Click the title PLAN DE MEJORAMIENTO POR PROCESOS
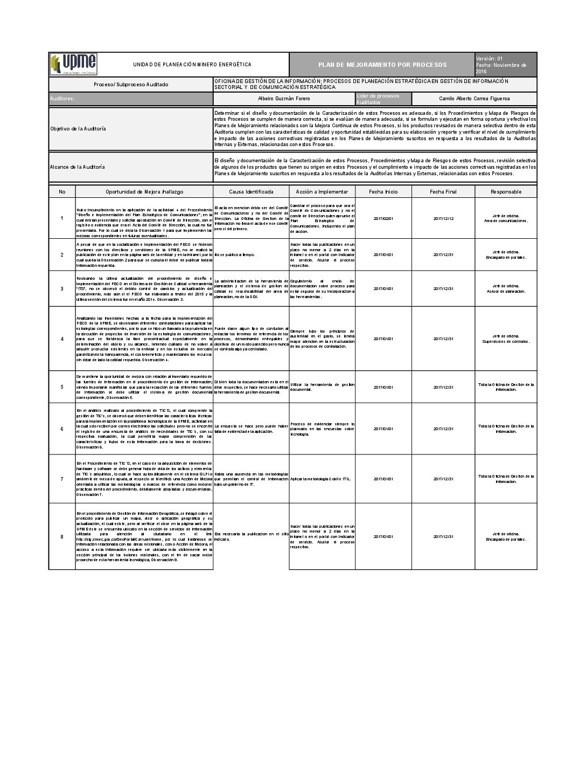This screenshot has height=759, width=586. coord(382,65)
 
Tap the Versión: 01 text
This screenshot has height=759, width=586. coord(489,58)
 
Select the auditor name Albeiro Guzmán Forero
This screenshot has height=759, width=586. coord(284,99)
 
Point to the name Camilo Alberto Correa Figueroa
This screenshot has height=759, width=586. coord(474,99)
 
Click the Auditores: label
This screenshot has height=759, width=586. coord(62,99)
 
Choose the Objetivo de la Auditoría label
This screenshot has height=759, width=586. coord(78,129)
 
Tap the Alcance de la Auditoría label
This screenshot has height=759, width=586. coord(78,167)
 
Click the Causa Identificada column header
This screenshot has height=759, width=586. coord(251,191)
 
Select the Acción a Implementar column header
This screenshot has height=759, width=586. coord(322,191)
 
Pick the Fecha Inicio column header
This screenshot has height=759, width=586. coord(383,191)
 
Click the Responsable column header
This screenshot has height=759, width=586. coord(506,191)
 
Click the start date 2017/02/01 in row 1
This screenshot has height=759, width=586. coord(383,218)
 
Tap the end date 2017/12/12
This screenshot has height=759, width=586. coord(443,218)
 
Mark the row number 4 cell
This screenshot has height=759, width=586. coord(62,339)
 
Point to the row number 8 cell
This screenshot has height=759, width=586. coord(62,536)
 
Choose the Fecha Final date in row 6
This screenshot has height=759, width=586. coord(443,429)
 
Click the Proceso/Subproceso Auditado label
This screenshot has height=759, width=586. coord(131,85)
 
